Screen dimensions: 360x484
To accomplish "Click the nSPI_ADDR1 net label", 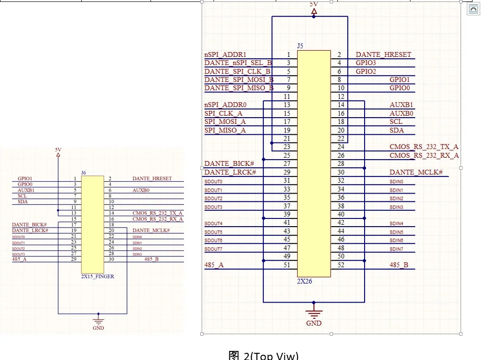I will coord(226,55).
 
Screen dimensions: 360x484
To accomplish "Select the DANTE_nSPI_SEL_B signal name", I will coord(238,63).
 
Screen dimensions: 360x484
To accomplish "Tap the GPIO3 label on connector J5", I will coord(366,63).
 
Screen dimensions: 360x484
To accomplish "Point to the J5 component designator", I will coord(300,46).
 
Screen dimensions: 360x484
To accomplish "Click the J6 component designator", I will coord(84,172).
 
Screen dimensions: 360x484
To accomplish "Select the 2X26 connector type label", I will coord(304,281).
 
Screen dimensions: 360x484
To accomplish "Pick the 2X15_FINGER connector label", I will coord(97,276).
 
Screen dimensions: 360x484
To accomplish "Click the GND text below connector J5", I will coord(314,323).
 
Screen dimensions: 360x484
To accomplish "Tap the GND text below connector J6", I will coord(98,328).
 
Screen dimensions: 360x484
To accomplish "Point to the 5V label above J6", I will coord(58,150).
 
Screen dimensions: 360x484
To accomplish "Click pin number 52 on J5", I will coord(341,265).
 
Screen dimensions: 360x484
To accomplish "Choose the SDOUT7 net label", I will coord(213,249).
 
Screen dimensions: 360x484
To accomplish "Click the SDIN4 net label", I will coord(396,224).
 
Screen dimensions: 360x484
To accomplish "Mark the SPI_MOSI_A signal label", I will coord(225,122).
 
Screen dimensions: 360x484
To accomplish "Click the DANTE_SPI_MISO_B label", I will coord(239,88).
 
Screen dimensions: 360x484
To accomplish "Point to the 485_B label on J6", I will coord(152,259).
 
